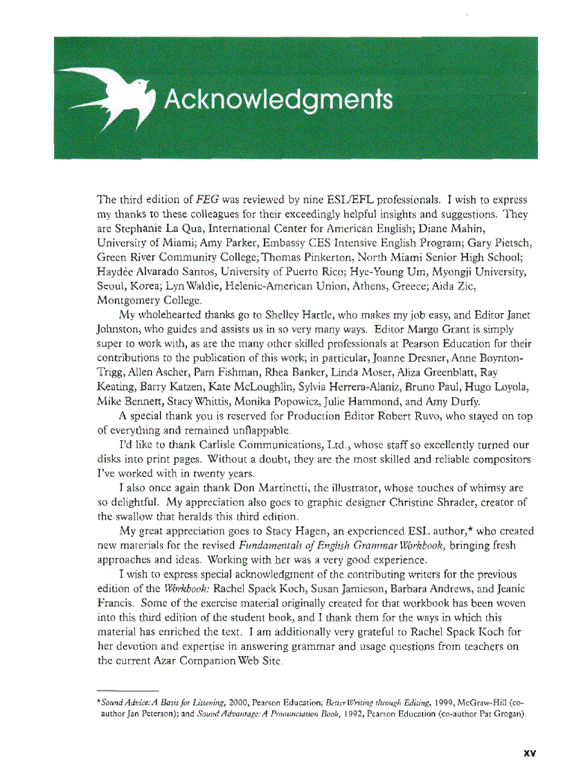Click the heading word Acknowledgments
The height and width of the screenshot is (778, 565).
pyautogui.click(x=277, y=100)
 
